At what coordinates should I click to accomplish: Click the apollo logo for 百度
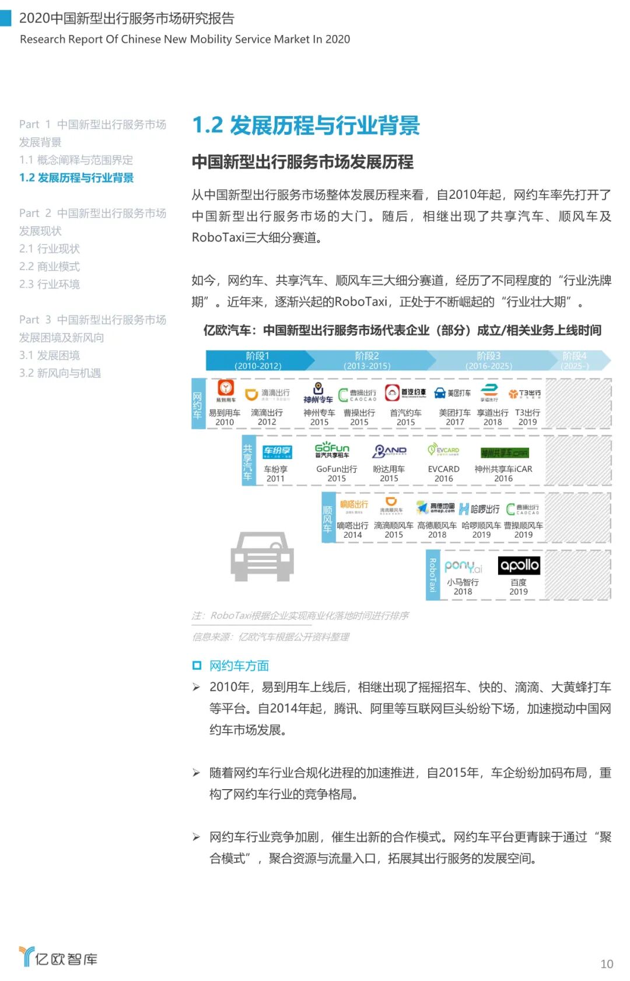pyautogui.click(x=519, y=565)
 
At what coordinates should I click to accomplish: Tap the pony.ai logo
pyautogui.click(x=463, y=566)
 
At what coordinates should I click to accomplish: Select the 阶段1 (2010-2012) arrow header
pyautogui.click(x=257, y=360)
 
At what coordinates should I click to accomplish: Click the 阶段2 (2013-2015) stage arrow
pyautogui.click(x=367, y=360)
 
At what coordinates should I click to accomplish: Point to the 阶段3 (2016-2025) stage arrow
pyautogui.click(x=489, y=360)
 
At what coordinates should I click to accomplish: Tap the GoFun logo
pyautogui.click(x=332, y=450)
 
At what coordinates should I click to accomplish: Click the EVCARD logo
pyautogui.click(x=443, y=450)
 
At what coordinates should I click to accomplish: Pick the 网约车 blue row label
pyautogui.click(x=198, y=404)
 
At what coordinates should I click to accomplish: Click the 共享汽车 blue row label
pyautogui.click(x=249, y=460)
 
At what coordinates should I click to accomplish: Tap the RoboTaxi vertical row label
pyautogui.click(x=433, y=574)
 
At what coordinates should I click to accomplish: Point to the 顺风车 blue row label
pyautogui.click(x=328, y=517)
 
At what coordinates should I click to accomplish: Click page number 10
pyautogui.click(x=607, y=964)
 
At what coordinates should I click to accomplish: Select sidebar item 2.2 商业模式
pyautogui.click(x=50, y=267)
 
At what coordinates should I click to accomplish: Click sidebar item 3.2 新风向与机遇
pyautogui.click(x=60, y=373)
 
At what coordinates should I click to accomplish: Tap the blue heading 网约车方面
pyautogui.click(x=239, y=665)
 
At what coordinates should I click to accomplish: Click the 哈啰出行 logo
pyautogui.click(x=480, y=509)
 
